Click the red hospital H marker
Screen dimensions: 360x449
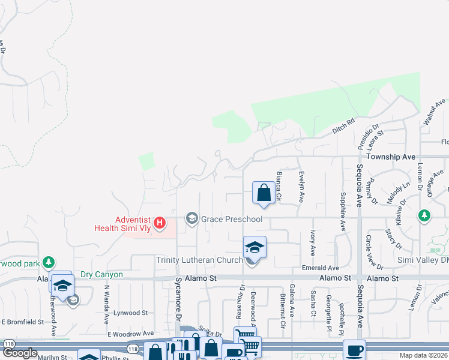[160, 223]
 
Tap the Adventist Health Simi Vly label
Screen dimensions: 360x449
[124, 223]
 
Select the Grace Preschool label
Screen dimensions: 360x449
[232, 219]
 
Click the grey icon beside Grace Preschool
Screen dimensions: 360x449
[192, 218]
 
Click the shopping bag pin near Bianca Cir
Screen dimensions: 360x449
[263, 193]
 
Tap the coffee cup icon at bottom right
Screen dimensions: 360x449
[354, 350]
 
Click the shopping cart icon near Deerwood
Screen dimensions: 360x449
[245, 337]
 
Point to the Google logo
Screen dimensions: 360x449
[20, 353]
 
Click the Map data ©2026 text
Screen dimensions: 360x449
[423, 355]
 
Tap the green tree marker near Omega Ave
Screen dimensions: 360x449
[424, 215]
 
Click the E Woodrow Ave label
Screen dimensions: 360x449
[130, 333]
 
